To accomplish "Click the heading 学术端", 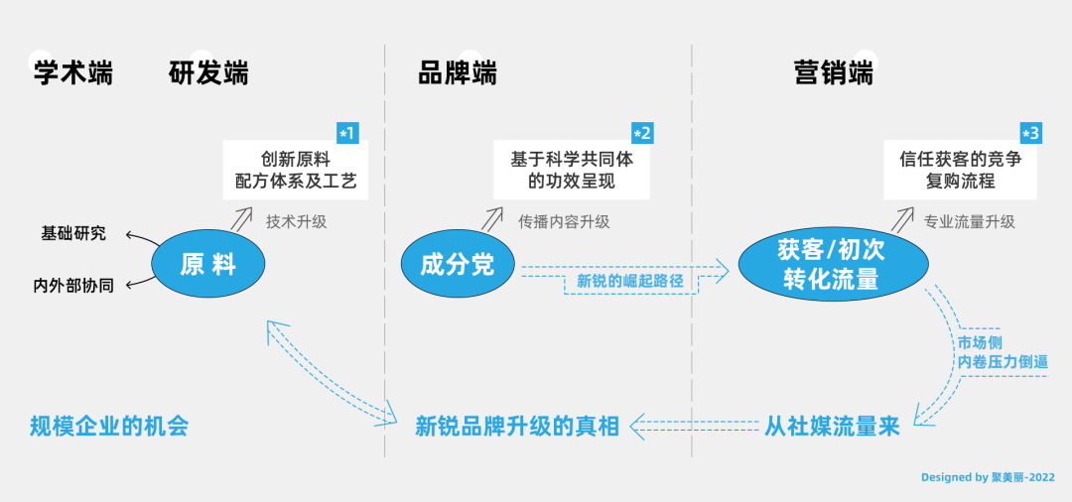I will (x=73, y=72).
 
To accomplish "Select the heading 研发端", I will (x=208, y=72).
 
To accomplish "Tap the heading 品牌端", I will (x=458, y=72).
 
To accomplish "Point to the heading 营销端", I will (x=834, y=72).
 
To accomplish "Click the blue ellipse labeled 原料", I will (x=208, y=263).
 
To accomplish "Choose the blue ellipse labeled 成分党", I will (x=458, y=263).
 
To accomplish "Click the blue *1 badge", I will (x=347, y=133).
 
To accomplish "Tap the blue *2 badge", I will (x=642, y=133).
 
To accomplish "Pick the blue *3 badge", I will (x=1030, y=133).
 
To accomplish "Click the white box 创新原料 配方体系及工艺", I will (x=296, y=170).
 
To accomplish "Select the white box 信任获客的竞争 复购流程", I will (x=960, y=170).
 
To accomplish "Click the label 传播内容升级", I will (x=564, y=221).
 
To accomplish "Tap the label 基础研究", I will (x=73, y=233).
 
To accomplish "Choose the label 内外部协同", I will (x=73, y=286).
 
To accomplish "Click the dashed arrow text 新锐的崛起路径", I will (x=629, y=281).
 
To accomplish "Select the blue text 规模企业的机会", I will (x=109, y=427).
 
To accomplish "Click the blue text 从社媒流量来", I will (x=832, y=427).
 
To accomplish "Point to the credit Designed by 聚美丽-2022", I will (x=988, y=477).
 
